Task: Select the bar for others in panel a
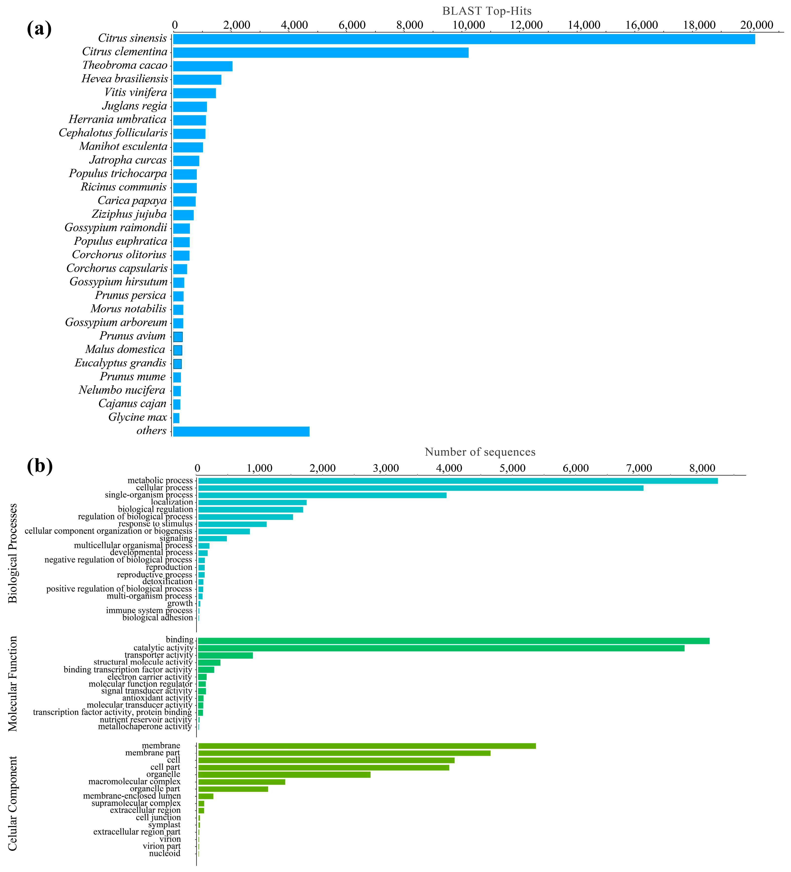[241, 432]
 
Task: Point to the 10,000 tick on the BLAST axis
[468, 25]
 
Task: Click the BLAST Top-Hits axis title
[487, 11]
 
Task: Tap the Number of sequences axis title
[480, 452]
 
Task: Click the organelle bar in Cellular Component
[284, 775]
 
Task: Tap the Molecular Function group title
[13, 684]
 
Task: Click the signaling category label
[176, 538]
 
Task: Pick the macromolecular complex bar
[241, 782]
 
